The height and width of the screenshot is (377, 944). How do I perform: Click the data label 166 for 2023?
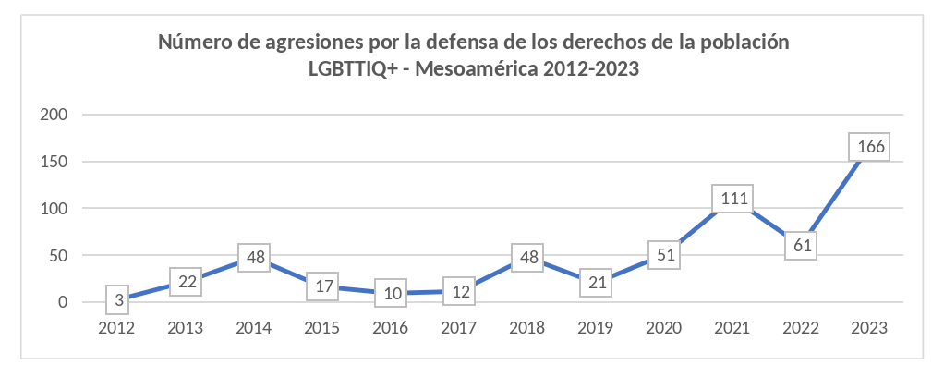tap(869, 147)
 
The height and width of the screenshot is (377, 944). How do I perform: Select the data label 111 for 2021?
tap(732, 199)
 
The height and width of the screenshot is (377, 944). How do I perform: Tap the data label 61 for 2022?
tap(801, 246)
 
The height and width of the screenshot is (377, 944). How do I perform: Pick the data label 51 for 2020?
tap(661, 255)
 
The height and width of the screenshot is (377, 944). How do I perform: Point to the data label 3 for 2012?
tap(118, 299)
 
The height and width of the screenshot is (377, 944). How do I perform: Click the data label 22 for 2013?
tap(187, 282)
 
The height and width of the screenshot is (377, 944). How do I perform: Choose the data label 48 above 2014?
tap(255, 258)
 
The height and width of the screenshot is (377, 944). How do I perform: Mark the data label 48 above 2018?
tap(526, 258)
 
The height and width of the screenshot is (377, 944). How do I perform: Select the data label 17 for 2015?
tap(322, 286)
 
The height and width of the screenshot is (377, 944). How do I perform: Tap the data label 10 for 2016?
tap(391, 293)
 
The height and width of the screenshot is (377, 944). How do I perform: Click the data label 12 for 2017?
tap(458, 291)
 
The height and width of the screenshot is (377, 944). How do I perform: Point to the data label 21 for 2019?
tap(596, 283)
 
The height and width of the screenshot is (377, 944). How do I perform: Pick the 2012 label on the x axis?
tap(118, 328)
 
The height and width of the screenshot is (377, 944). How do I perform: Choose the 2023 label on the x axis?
tap(869, 328)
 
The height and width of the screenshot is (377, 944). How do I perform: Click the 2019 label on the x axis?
tap(596, 328)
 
